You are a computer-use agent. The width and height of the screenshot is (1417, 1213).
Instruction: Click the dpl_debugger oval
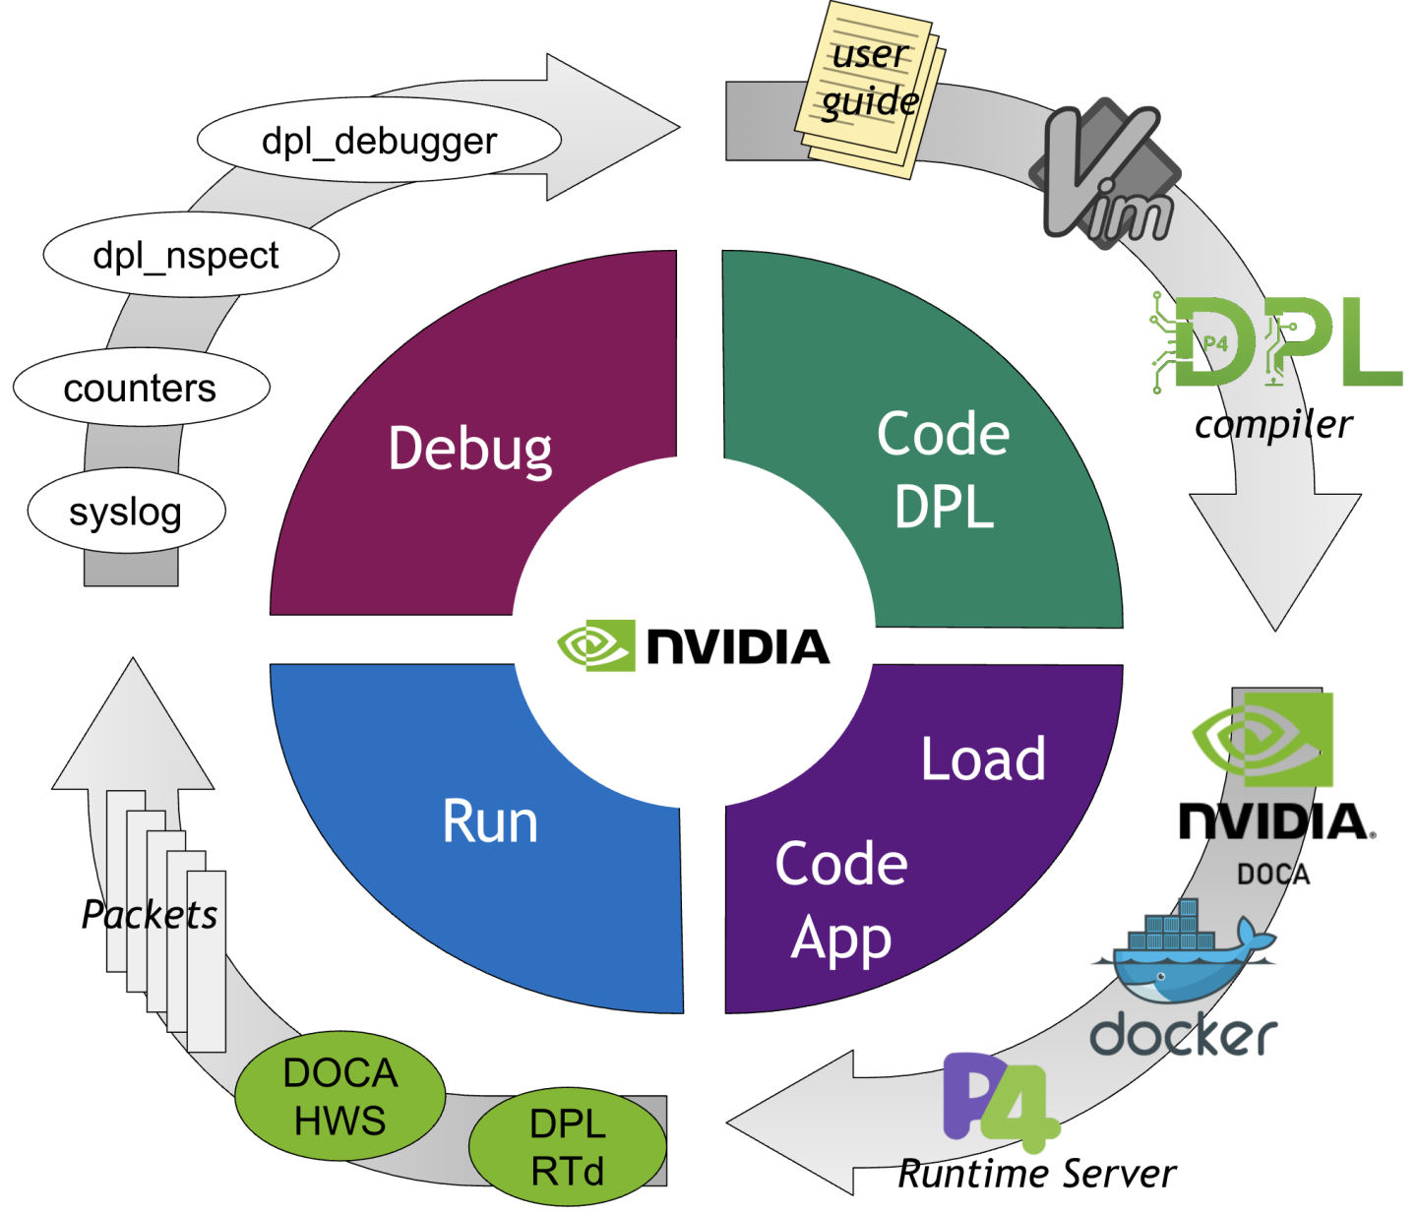point(379,141)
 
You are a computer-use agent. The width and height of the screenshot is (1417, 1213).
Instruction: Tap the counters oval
point(141,388)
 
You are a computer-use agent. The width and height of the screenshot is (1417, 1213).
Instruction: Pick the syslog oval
point(126,512)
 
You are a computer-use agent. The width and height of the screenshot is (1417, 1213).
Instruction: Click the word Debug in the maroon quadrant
point(469,450)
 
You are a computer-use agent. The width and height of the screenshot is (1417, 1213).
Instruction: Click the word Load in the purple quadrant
point(983,758)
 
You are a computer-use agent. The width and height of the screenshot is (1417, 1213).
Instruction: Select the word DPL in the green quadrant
point(944,508)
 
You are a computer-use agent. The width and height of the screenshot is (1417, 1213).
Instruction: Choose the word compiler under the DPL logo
point(1273,425)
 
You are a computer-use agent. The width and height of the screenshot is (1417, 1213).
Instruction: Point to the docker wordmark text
point(1184,1035)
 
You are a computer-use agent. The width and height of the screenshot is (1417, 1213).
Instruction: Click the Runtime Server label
point(1037,1174)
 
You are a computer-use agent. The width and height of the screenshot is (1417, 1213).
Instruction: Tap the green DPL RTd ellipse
point(568,1147)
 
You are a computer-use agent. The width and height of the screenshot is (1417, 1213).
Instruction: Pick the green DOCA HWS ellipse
point(340,1096)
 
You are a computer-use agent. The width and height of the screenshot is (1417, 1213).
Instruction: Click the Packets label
point(150,915)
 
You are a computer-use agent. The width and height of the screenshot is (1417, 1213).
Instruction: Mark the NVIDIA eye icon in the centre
point(595,645)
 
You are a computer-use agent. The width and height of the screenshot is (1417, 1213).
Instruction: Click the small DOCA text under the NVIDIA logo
point(1273,874)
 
